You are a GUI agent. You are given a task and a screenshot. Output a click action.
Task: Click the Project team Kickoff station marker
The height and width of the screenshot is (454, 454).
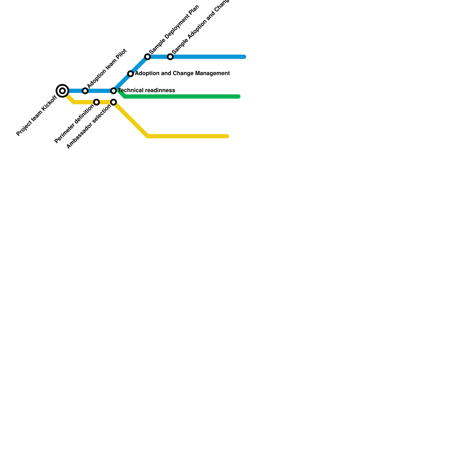62,91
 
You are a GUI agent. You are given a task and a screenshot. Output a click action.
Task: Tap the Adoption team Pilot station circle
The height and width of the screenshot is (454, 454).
85,91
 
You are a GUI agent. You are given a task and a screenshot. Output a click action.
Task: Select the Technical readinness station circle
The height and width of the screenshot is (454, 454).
113,91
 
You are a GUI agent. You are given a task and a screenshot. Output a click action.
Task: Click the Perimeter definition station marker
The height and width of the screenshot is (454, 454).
96,102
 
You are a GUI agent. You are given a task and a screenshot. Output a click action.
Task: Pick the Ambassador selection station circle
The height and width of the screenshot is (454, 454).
113,102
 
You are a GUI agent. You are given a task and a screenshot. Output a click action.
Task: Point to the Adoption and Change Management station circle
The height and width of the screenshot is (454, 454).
131,74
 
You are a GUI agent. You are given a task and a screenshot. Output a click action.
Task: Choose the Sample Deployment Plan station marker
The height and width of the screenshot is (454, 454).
148,57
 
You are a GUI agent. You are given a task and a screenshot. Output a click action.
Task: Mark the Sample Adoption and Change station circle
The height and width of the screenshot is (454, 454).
170,57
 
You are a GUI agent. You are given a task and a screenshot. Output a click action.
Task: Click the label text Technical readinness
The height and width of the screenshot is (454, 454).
146,91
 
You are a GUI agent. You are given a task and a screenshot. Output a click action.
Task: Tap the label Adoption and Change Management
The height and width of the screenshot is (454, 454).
182,73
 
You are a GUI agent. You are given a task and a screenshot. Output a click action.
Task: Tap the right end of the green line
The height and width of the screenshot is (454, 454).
239,97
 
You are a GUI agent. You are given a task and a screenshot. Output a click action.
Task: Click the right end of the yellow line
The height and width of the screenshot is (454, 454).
227,136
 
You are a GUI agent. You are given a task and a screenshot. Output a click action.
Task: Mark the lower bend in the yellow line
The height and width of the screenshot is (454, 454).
148,136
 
